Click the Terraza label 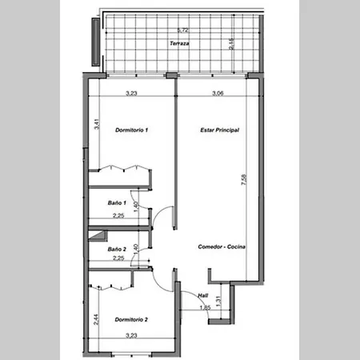tap(179, 43)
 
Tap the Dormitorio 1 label tap(131, 130)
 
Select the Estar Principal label tap(219, 130)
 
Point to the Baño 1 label tap(117, 203)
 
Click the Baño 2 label tap(117, 250)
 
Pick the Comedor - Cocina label tap(222, 246)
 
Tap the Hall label tap(203, 295)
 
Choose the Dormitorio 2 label tap(131, 319)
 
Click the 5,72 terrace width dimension tap(183, 30)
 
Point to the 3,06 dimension tap(218, 93)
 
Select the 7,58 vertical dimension tap(244, 180)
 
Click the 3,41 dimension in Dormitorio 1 tap(97, 124)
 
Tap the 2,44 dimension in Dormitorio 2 tap(96, 319)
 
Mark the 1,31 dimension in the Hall tap(218, 301)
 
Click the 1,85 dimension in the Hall tap(205, 307)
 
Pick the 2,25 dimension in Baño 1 tap(118, 215)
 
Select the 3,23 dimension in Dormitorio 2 tap(131, 335)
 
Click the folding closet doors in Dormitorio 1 tap(124, 168)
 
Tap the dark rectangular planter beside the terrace tap(96, 42)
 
